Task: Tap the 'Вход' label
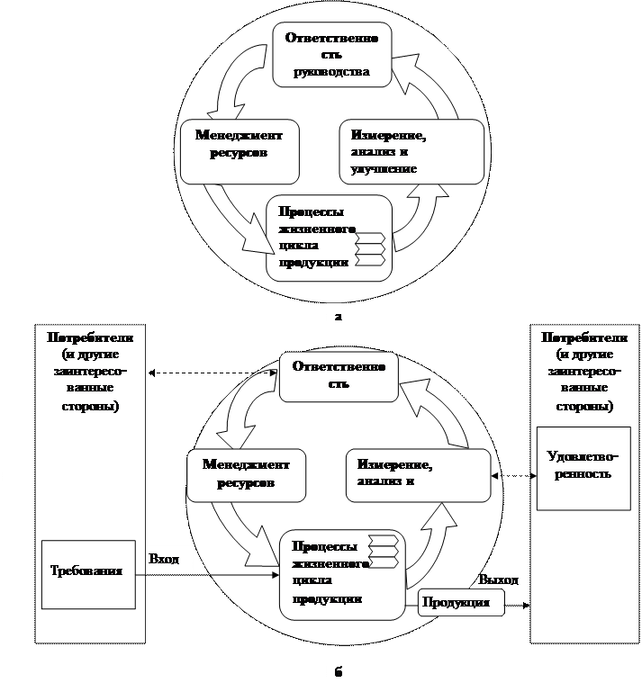(165, 559)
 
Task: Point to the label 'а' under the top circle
(337, 316)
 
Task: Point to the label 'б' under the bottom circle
(337, 671)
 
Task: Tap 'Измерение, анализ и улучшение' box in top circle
(410, 151)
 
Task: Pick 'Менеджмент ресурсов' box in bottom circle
(245, 476)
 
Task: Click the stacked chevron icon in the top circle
(371, 249)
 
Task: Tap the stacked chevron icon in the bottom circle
(383, 553)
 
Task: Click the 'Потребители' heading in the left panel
(90, 337)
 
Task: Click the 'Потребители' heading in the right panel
(584, 337)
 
